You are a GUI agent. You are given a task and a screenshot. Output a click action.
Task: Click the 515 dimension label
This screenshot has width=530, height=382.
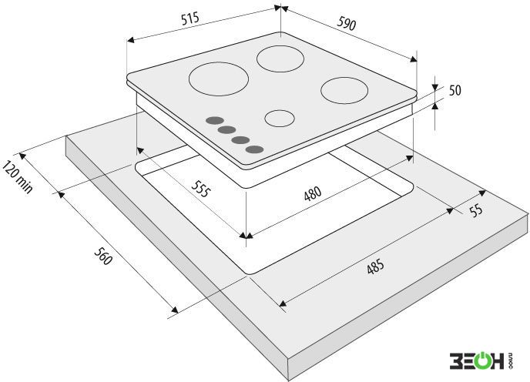(x=190, y=18)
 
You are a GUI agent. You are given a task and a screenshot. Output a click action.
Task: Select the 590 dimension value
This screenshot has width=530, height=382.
(x=347, y=24)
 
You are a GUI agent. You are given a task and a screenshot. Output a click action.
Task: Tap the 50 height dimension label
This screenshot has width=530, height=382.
(x=455, y=90)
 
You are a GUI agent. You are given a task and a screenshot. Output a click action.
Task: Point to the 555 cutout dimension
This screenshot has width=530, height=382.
(x=201, y=189)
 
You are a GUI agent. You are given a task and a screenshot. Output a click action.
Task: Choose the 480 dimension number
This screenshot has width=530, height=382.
(x=313, y=194)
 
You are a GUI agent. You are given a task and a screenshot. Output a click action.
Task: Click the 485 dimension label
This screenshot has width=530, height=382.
(x=375, y=266)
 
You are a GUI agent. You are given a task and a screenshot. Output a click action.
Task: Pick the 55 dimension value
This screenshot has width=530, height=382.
(x=476, y=210)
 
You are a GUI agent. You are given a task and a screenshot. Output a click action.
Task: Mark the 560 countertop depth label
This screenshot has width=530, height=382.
(x=102, y=256)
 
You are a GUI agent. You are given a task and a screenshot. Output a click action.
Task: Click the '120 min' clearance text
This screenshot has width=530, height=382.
(x=18, y=177)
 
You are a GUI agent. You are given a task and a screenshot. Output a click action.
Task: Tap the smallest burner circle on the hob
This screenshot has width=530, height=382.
(x=279, y=119)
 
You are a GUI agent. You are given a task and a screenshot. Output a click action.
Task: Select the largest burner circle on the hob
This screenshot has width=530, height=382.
(x=219, y=79)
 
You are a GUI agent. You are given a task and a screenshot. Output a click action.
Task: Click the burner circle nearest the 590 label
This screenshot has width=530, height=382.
(x=280, y=59)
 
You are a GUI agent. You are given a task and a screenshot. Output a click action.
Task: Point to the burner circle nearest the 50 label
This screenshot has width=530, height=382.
(x=344, y=90)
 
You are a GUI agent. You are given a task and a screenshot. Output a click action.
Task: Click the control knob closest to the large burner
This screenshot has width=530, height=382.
(x=215, y=121)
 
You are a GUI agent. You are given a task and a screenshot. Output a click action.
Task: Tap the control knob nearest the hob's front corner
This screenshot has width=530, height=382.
(x=255, y=149)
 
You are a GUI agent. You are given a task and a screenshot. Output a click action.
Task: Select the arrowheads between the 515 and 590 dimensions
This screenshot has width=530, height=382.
(x=281, y=8)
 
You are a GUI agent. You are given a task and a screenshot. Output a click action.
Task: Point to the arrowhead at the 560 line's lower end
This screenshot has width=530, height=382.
(x=174, y=310)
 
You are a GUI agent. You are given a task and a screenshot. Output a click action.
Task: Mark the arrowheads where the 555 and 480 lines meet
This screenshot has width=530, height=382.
(x=247, y=236)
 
